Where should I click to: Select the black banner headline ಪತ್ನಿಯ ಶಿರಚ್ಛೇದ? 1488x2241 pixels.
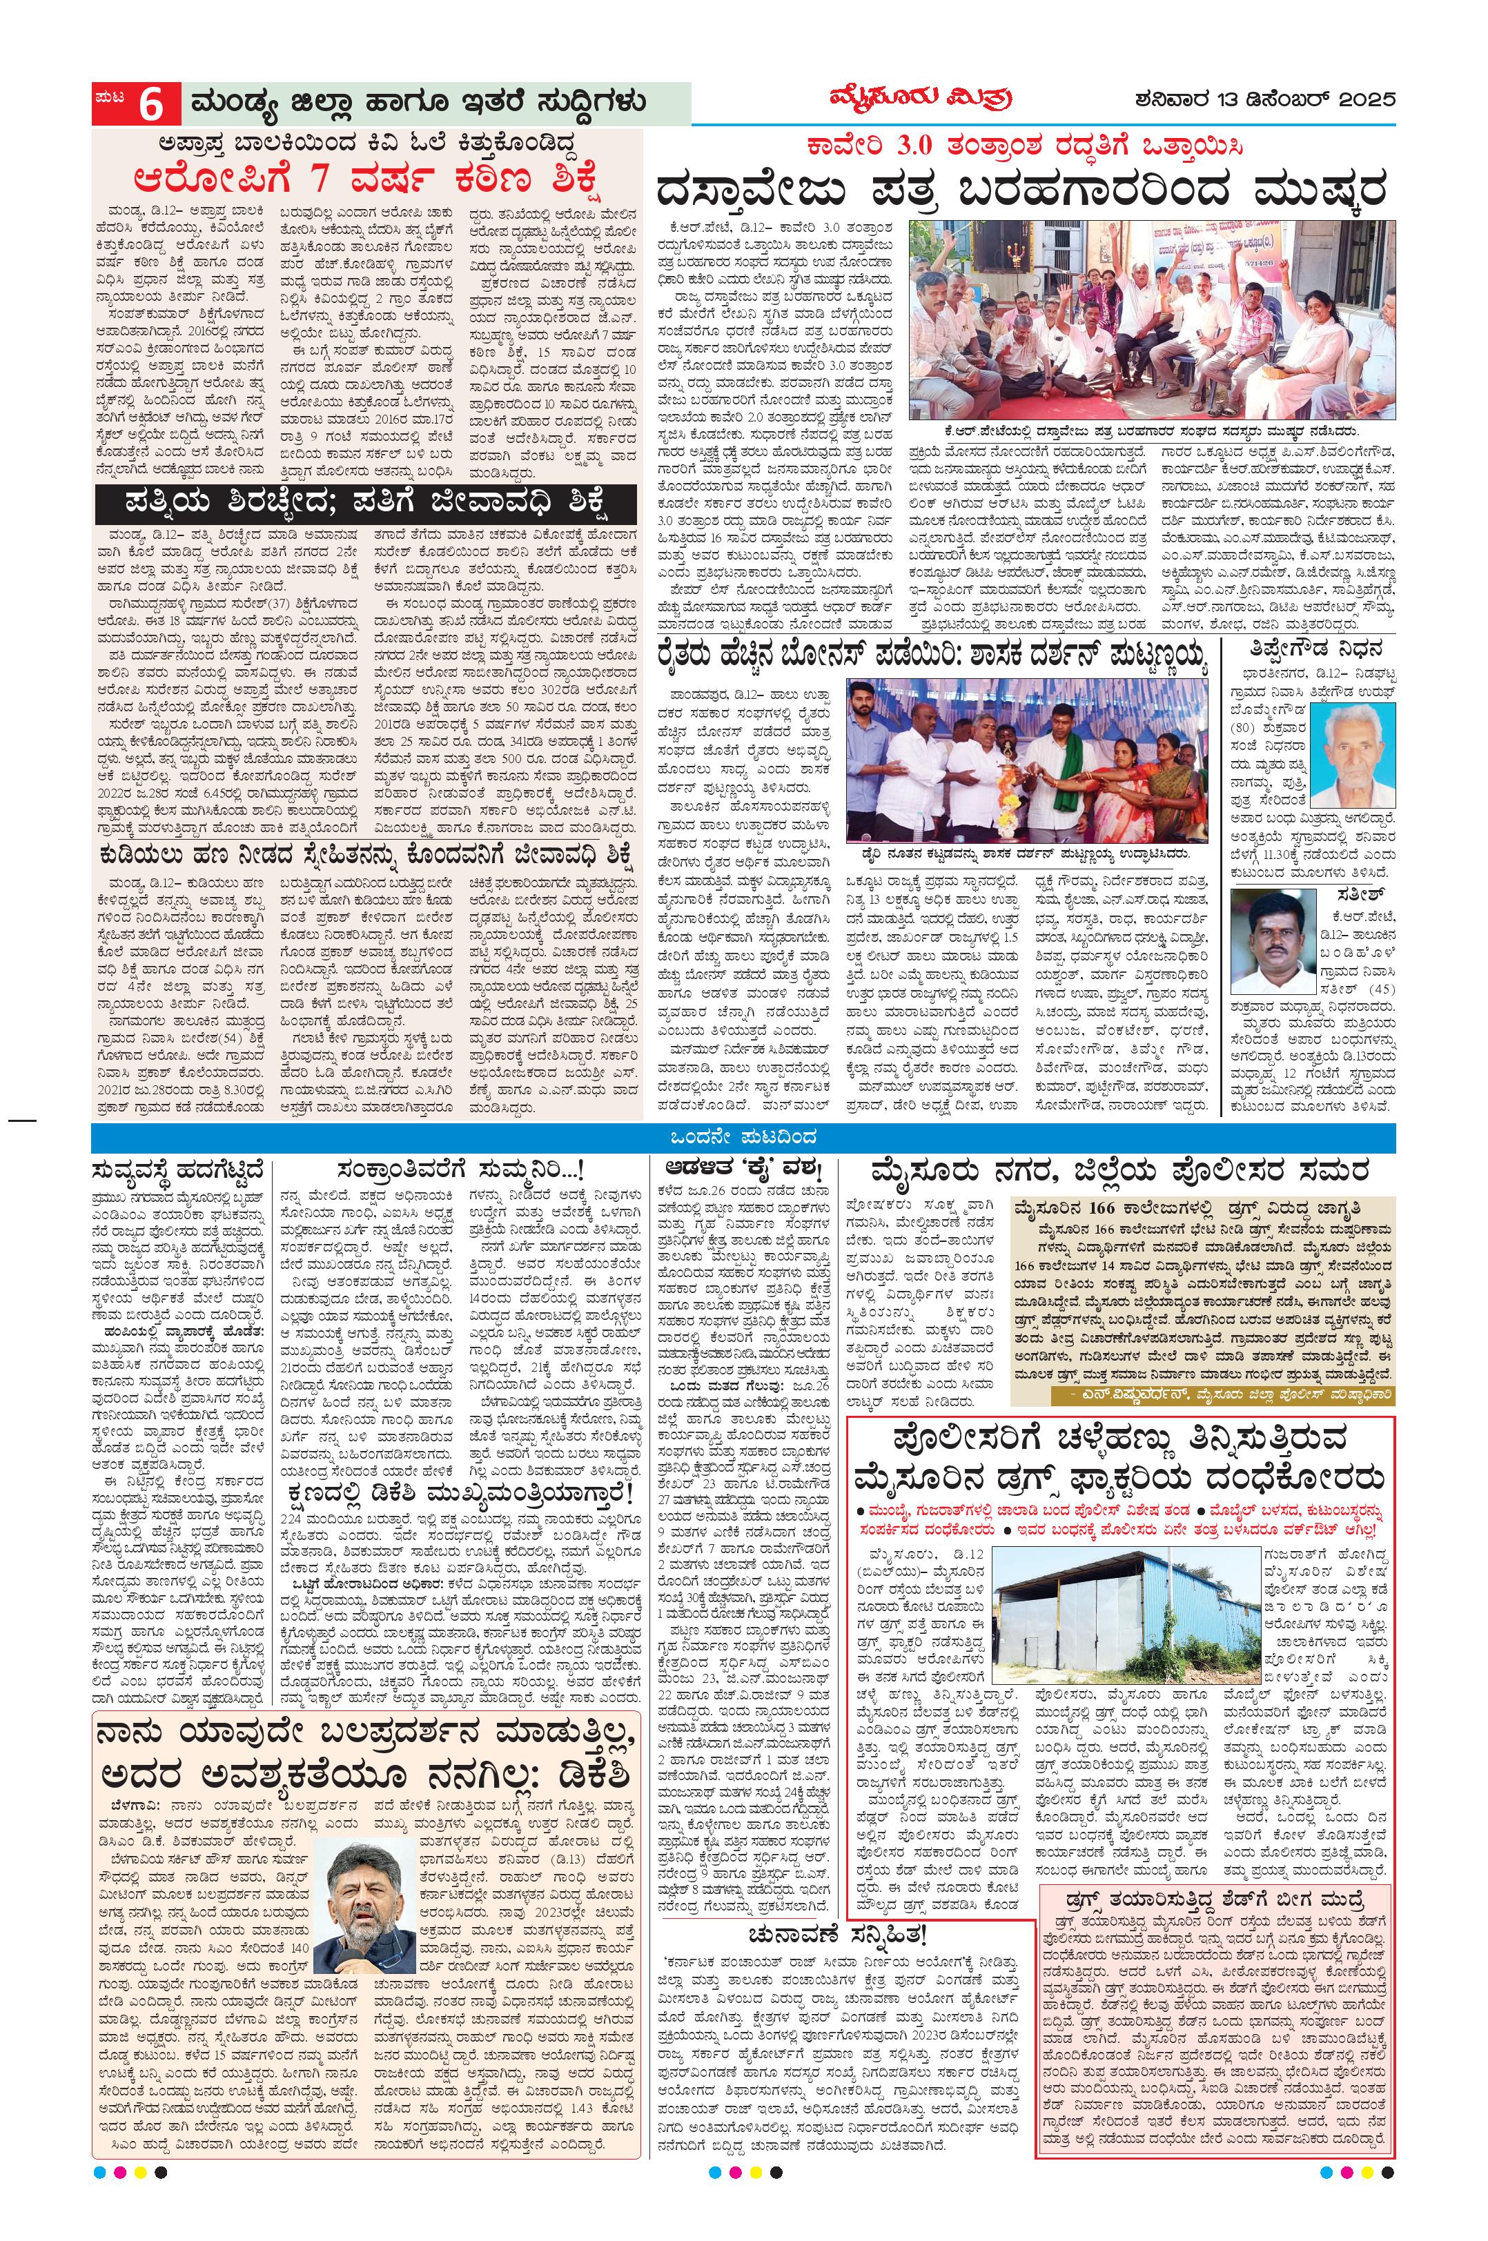pyautogui.click(x=365, y=501)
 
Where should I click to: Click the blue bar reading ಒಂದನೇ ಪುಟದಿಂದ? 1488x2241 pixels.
pyautogui.click(x=743, y=1136)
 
